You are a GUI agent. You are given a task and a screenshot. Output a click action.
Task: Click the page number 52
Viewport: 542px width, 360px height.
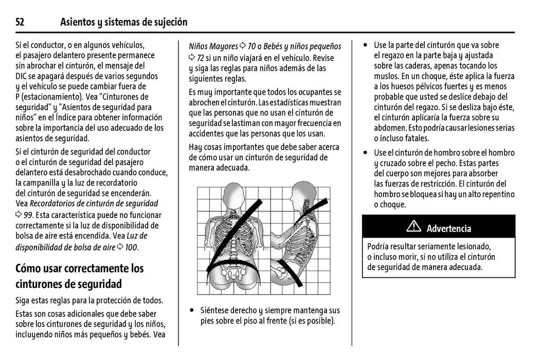pyautogui.click(x=20, y=22)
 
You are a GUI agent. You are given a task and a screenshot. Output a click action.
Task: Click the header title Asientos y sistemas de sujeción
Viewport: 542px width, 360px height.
pyautogui.click(x=123, y=22)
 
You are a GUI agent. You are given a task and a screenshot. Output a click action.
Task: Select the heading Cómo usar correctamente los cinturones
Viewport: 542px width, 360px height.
pyautogui.click(x=80, y=276)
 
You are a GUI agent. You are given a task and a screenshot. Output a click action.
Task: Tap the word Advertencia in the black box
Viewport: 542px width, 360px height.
pyautogui.click(x=448, y=228)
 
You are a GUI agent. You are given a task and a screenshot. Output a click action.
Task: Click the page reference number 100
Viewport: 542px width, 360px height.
pyautogui.click(x=131, y=247)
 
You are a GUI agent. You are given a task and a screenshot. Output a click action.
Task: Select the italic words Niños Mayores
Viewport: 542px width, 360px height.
pyautogui.click(x=213, y=46)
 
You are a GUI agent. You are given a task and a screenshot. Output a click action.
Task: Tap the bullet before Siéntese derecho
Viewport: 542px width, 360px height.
pyautogui.click(x=192, y=311)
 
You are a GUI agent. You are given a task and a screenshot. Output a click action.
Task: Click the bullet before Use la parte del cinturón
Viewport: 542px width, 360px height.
pyautogui.click(x=366, y=45)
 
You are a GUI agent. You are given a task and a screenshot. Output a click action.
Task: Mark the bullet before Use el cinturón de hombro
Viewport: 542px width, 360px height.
pyautogui.click(x=366, y=153)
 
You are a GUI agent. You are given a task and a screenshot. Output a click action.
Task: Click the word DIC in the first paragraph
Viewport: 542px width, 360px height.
pyautogui.click(x=23, y=76)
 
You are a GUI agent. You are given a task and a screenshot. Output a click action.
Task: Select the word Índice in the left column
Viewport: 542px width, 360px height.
pyautogui.click(x=89, y=117)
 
